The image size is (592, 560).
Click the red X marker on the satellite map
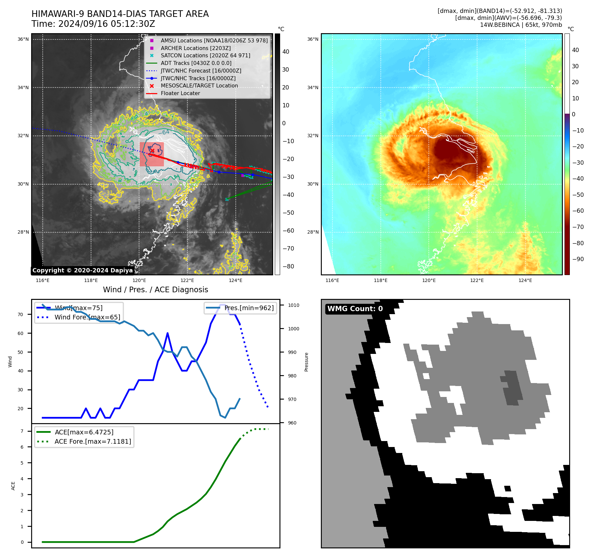152,151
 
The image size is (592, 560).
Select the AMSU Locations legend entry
214,40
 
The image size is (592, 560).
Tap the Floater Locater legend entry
180,93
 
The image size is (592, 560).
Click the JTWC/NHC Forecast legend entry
201,71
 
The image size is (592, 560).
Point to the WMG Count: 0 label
355,309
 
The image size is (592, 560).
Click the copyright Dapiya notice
82,270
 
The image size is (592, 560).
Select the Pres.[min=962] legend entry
249,308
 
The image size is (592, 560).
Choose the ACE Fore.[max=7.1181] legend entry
93,441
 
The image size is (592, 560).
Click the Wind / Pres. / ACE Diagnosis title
155,290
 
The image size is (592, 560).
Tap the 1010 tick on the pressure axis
293,305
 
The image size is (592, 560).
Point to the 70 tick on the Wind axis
21,314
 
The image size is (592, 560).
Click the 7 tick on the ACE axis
22,431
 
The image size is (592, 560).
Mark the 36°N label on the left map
23,39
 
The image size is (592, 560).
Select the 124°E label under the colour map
525,280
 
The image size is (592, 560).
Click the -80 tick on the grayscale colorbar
288,266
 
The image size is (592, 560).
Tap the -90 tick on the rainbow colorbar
578,259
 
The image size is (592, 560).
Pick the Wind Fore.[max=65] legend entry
87,317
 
